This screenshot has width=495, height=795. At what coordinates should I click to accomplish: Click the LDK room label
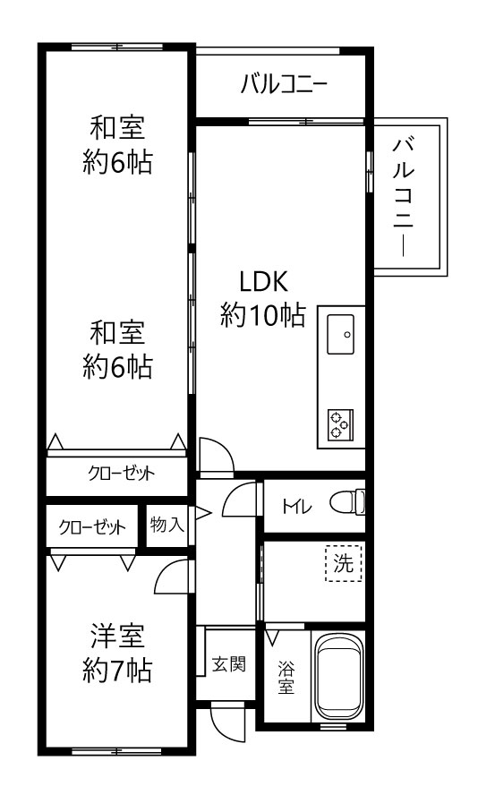262,298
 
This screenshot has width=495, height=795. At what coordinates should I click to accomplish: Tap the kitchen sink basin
340,334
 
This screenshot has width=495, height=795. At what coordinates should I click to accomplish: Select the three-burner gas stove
340,423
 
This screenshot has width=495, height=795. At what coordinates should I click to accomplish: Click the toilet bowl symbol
347,503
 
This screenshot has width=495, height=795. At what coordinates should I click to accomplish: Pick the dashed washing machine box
344,563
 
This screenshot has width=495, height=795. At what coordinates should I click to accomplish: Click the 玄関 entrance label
229,663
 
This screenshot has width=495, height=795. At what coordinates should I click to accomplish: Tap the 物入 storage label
166,525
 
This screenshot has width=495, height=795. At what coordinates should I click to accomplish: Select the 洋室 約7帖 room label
117,654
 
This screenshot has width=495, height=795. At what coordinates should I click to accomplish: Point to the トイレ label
296,507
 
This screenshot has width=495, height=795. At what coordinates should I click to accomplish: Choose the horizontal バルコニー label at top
284,84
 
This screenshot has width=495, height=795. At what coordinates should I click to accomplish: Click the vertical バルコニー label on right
405,197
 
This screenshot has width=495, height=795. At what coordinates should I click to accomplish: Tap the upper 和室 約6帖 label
117,145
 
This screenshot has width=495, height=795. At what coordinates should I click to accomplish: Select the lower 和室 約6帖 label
117,350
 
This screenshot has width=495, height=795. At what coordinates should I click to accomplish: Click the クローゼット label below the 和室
121,474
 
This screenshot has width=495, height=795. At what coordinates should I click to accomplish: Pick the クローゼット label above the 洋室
92,527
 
